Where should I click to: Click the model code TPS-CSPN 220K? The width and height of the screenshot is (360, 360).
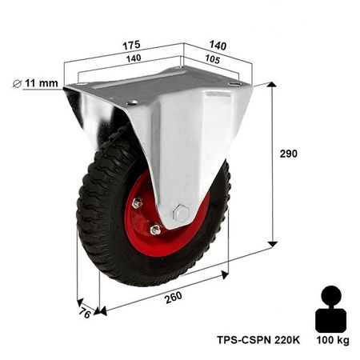pyautogui.click(x=258, y=338)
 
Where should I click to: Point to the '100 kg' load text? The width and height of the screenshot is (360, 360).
pyautogui.click(x=333, y=342)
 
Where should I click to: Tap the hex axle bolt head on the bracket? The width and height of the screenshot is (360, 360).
pyautogui.click(x=181, y=214)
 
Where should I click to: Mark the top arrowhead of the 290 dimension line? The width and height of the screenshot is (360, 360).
pyautogui.click(x=274, y=85)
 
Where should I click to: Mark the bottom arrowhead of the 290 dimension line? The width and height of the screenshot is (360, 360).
pyautogui.click(x=274, y=241)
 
